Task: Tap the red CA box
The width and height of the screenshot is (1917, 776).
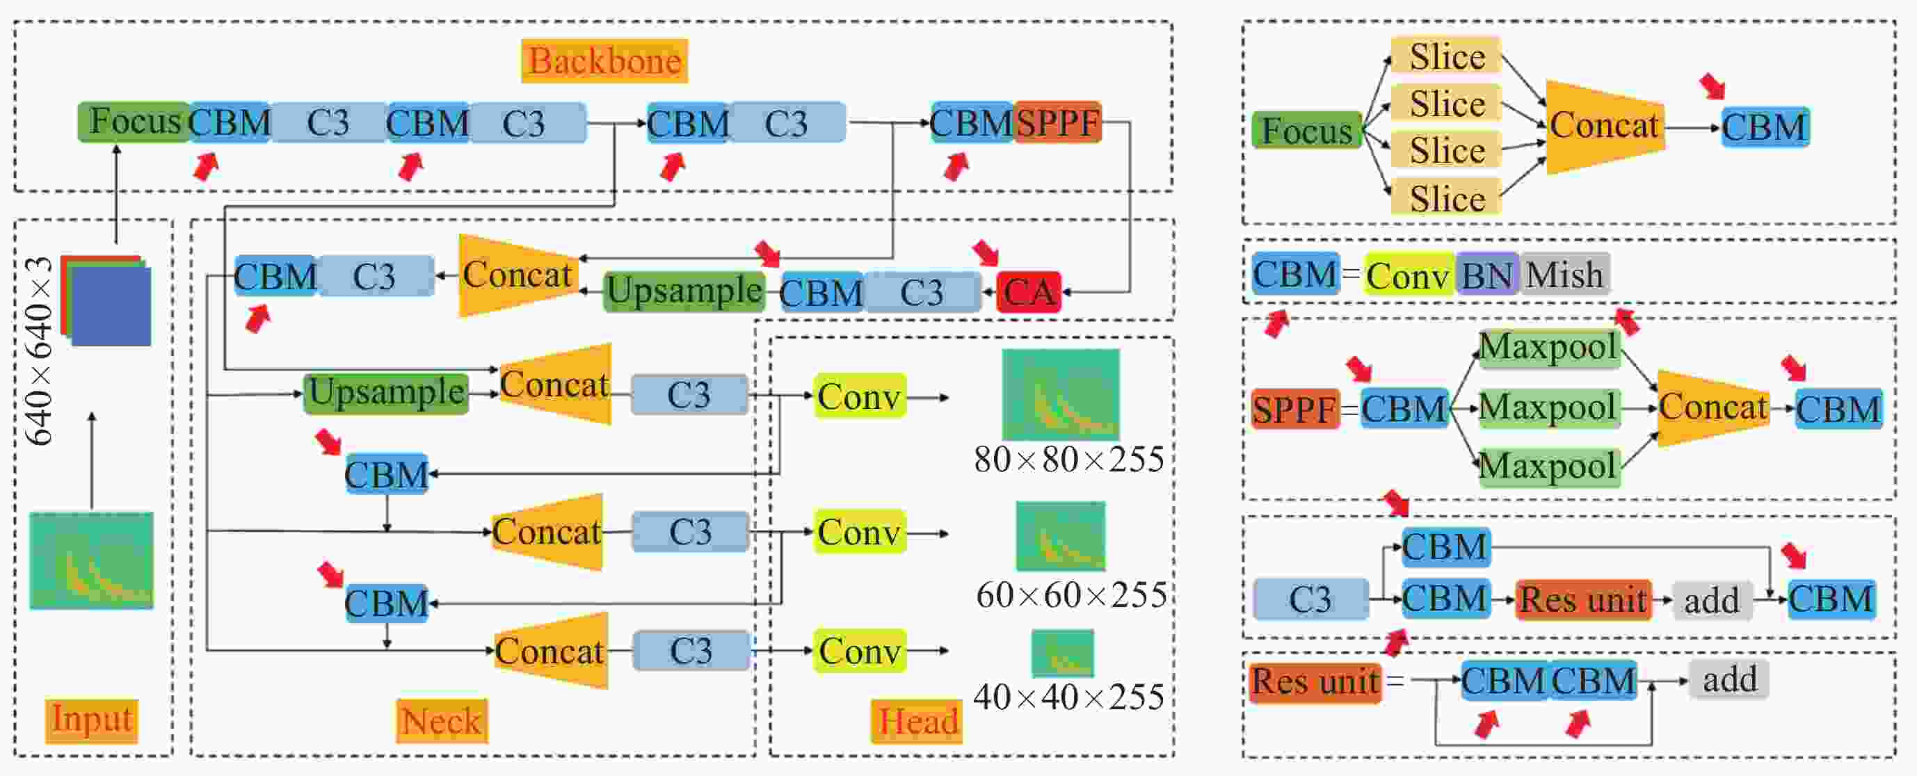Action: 1029,291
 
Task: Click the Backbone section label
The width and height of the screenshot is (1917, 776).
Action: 604,61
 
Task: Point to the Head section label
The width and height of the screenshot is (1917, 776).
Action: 917,721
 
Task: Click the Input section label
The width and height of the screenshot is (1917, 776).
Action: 92,720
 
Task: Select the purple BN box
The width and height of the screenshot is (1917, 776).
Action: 1487,275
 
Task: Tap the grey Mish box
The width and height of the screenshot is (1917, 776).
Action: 1564,275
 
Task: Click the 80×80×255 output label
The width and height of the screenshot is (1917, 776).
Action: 1068,460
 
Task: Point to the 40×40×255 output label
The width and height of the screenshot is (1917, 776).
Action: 1068,697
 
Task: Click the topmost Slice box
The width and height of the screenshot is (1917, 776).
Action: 1446,56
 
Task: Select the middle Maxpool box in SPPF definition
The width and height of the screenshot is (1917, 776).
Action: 1548,407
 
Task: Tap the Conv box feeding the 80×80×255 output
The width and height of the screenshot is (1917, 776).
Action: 860,396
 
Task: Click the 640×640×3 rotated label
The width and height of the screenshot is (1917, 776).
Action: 39,351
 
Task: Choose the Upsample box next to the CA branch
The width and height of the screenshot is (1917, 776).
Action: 684,290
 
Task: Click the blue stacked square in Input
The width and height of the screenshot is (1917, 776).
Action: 111,307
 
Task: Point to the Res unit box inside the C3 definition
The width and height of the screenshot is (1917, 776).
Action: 1583,599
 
